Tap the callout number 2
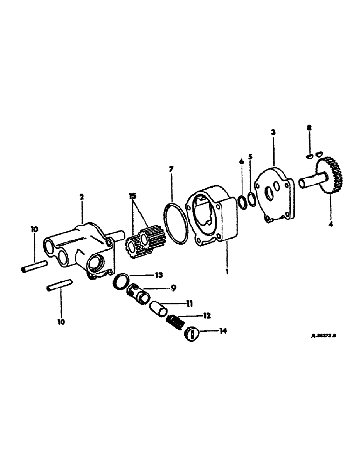click(x=82, y=197)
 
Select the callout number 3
click(x=273, y=132)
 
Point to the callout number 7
click(x=171, y=170)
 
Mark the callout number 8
click(x=308, y=127)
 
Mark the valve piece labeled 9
click(x=139, y=294)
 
